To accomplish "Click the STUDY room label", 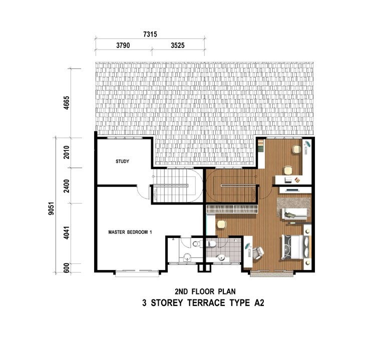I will tap(123, 161).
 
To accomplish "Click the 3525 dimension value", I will tap(178, 45).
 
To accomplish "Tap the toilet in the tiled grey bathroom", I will tap(212, 244).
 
